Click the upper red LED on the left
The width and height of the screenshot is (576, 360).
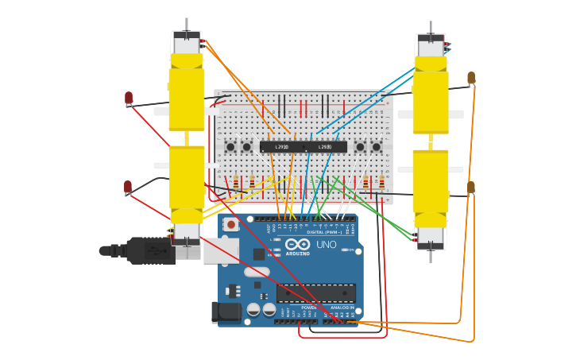point(129,98)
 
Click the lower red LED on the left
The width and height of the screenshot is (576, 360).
point(127,187)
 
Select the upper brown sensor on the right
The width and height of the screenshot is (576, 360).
point(471,78)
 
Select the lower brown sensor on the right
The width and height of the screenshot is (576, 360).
point(471,188)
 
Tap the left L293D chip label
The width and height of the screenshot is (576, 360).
point(282,147)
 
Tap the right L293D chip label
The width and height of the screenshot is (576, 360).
point(325,147)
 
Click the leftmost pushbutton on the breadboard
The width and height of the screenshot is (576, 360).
point(230,146)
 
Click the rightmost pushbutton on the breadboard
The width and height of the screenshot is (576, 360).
point(376,146)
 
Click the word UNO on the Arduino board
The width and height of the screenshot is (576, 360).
point(327,244)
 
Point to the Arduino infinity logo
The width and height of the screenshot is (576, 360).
point(298,246)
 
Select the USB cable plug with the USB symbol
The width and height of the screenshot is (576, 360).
point(151,250)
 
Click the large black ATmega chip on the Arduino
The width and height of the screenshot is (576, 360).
point(315,292)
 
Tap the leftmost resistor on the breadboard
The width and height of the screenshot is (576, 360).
point(235,183)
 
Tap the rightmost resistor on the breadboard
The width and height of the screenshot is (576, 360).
point(381,183)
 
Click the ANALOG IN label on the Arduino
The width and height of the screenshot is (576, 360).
point(342,307)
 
